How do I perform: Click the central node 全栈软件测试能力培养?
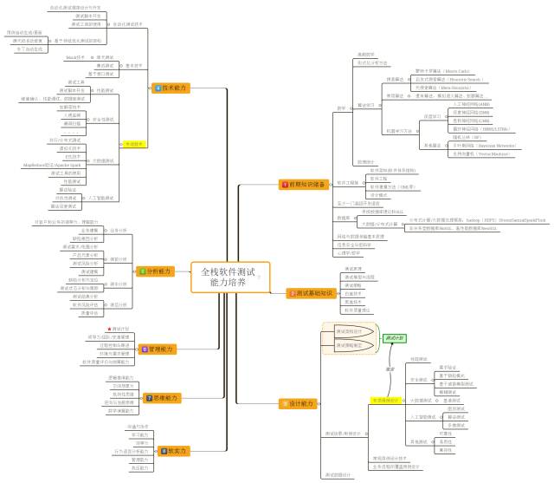[x=229, y=277]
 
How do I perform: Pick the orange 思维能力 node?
[x=164, y=397]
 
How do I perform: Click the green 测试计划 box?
[x=394, y=336]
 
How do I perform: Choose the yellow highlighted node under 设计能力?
[x=385, y=401]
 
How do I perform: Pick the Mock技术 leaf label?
[x=77, y=57]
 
